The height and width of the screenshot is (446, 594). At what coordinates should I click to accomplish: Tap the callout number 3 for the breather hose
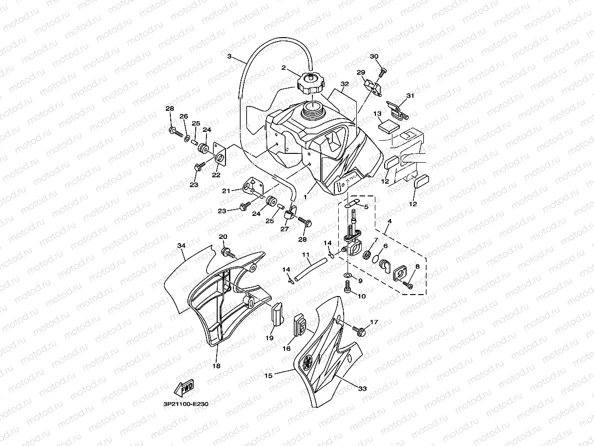point(229,56)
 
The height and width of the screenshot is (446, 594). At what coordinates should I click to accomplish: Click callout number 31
point(410,96)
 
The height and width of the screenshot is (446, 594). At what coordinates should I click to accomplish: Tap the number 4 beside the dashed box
point(389,221)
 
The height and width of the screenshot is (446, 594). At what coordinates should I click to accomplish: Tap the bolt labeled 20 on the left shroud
point(227,252)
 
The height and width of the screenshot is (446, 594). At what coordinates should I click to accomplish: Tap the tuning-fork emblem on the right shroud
point(308,363)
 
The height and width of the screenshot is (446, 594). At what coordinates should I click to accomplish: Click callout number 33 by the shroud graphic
point(362,389)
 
